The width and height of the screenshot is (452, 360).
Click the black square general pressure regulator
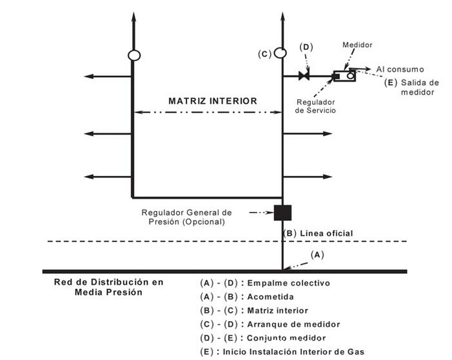[283, 212]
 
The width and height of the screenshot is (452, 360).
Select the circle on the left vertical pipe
[133, 56]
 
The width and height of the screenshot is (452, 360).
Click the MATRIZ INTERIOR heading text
[212, 101]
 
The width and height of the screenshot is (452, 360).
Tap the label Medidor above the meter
[358, 45]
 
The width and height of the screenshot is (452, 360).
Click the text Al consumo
[400, 69]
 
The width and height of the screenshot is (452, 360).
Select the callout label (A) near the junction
[317, 254]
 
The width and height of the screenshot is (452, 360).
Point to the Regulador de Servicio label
[315, 106]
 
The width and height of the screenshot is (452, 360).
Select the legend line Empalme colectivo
[266, 283]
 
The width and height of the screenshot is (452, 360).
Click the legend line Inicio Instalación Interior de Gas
[284, 352]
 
